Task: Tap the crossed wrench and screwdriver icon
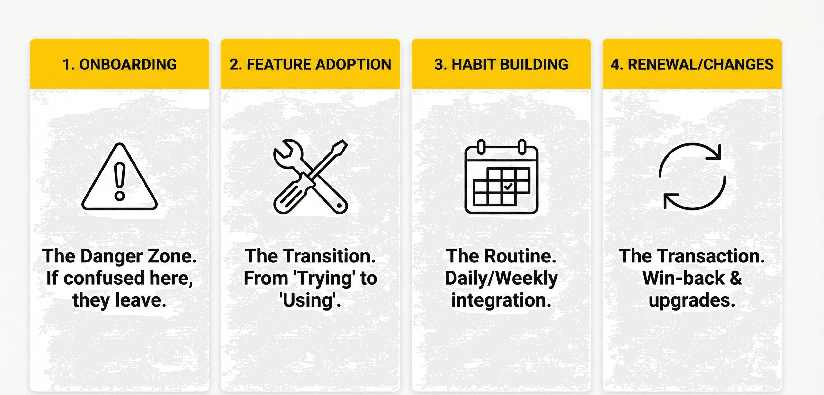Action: tap(310, 177)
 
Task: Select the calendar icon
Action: tap(501, 177)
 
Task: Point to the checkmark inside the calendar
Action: tap(508, 186)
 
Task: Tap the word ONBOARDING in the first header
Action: tap(128, 64)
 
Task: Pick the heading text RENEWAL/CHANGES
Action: tap(701, 64)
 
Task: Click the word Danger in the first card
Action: tap(111, 256)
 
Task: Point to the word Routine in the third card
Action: tap(520, 256)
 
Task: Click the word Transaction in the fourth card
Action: tap(711, 256)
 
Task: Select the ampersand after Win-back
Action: tap(736, 278)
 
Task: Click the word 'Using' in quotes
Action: tap(310, 300)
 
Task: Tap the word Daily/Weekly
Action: tap(501, 279)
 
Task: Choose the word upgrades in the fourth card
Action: tap(692, 301)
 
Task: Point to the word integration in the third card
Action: tap(501, 300)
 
